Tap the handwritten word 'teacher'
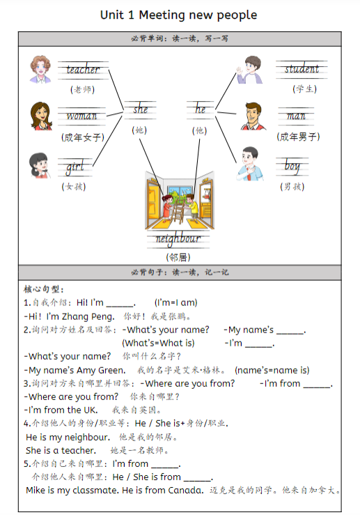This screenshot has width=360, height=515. point(83,70)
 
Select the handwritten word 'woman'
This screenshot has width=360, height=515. point(82,116)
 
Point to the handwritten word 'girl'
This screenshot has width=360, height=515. point(75,167)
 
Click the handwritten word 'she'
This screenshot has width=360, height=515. point(140,109)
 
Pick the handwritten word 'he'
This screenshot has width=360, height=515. point(201,109)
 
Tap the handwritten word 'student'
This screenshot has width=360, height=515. point(302,69)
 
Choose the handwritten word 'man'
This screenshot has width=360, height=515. point(297,116)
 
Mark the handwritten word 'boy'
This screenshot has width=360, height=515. point(292,167)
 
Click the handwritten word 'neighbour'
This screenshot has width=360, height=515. point(178,239)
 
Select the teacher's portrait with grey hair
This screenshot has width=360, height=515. point(41,68)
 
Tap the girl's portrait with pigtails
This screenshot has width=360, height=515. point(40,165)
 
